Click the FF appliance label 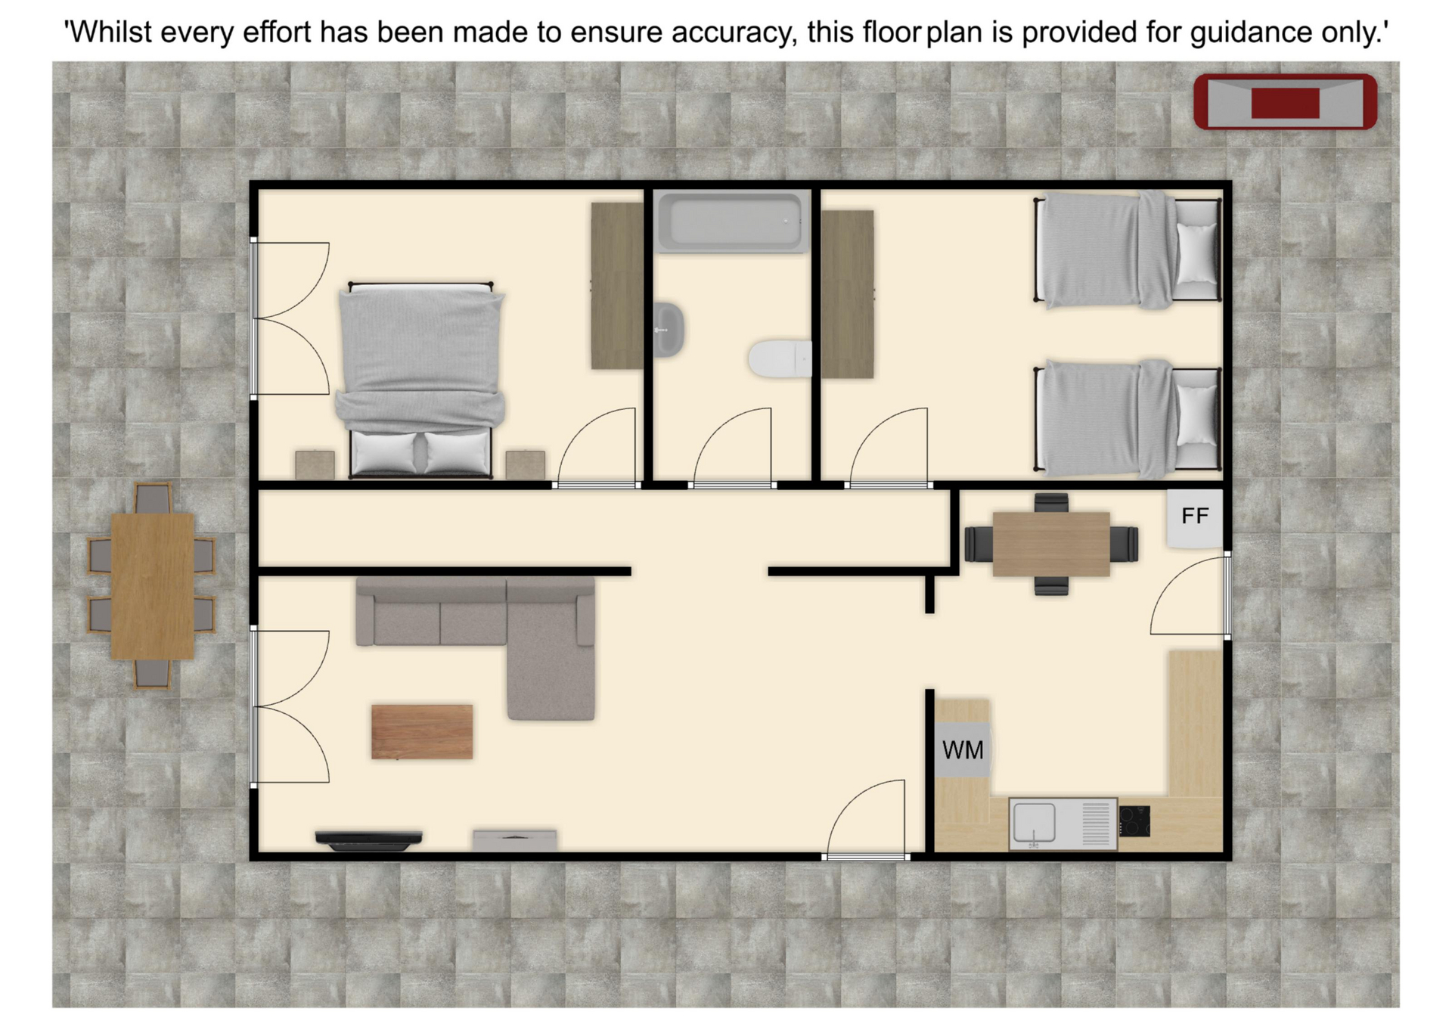tap(1194, 517)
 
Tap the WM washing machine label tap(963, 750)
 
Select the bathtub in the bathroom tap(731, 222)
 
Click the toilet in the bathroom tap(779, 358)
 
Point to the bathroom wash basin tap(669, 330)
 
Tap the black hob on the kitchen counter tap(1134, 821)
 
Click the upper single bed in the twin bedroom tap(1127, 250)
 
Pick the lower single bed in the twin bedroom tap(1127, 419)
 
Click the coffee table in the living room tap(422, 731)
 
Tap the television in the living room tap(368, 840)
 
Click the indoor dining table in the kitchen tap(1051, 545)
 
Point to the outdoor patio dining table tap(152, 586)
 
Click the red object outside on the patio tap(1285, 102)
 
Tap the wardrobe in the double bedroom tap(617, 286)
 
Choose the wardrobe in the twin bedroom tap(848, 294)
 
